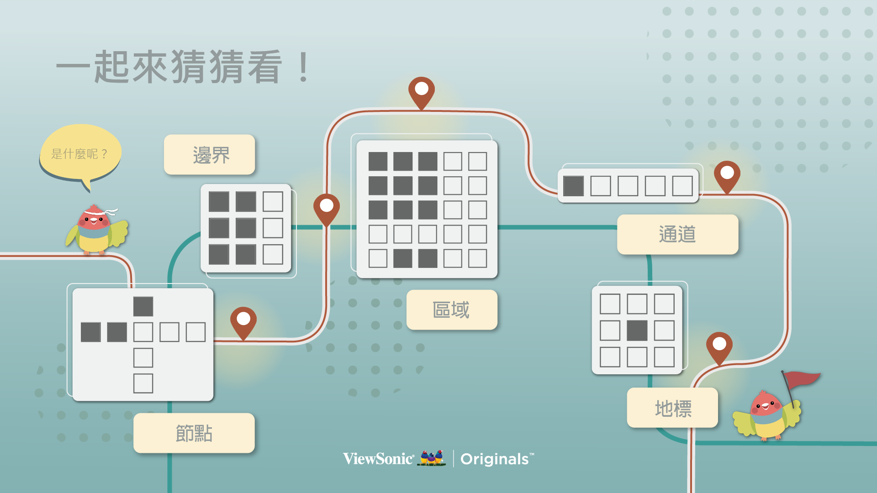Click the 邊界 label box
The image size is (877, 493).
click(x=210, y=155)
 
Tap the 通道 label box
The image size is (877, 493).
click(x=677, y=234)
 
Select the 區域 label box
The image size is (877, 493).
click(x=451, y=310)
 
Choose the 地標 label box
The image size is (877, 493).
click(x=672, y=408)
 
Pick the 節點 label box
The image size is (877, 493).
click(x=194, y=433)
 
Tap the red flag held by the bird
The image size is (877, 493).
click(x=802, y=379)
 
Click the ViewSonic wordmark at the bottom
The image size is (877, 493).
click(x=378, y=459)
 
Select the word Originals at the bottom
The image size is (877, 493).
click(x=495, y=459)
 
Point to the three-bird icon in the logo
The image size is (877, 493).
click(x=432, y=457)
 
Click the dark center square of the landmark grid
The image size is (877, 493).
click(x=637, y=330)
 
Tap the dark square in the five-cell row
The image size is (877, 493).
click(x=573, y=186)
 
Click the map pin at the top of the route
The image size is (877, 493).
click(x=421, y=91)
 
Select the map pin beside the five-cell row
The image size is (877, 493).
click(x=727, y=175)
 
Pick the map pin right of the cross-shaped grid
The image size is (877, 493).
click(x=243, y=321)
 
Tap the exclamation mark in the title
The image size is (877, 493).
click(x=303, y=67)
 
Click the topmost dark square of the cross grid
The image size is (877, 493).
click(x=143, y=306)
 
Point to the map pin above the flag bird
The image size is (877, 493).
click(x=719, y=346)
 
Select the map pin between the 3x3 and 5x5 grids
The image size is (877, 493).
click(x=327, y=208)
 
